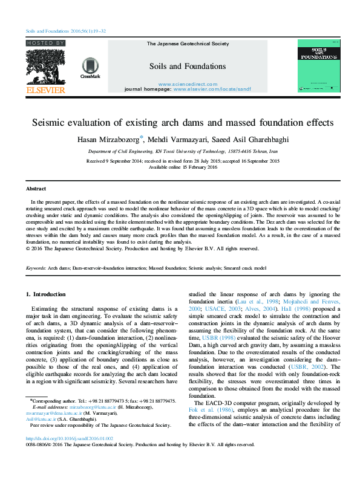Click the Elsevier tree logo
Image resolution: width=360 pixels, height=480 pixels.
pos(45,67)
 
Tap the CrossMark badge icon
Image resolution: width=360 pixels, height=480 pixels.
pos(90,68)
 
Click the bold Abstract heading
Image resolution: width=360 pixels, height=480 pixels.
pos(36,189)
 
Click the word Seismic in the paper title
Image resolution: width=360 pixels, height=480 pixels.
pos(51,122)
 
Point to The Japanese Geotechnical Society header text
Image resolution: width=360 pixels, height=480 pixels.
pos(188,44)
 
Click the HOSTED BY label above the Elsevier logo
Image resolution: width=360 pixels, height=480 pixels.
pos(45,44)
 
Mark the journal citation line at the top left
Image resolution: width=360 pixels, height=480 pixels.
pos(66,30)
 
